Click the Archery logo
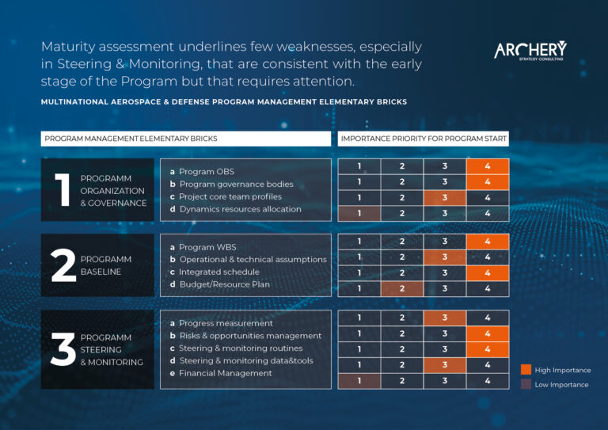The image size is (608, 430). point(530,51)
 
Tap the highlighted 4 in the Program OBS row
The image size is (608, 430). point(488,166)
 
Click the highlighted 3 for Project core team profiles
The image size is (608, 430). point(445,198)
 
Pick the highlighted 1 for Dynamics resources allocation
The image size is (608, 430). point(359,213)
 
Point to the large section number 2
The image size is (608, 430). point(63,265)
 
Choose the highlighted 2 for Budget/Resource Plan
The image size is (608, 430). point(402,288)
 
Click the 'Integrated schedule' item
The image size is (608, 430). point(215,272)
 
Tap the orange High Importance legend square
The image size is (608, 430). point(526,370)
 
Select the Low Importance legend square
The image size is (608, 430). point(526,384)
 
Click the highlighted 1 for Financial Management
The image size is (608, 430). point(359,381)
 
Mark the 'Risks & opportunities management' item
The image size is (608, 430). point(245,336)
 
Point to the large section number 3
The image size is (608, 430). point(63,349)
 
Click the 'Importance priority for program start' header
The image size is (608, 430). point(424,139)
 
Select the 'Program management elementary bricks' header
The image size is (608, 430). point(186,139)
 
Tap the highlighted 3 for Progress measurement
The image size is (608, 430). point(445,318)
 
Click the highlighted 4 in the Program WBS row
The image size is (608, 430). point(488,242)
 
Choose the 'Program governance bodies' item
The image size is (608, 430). point(231,185)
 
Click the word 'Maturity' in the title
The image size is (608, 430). point(68,47)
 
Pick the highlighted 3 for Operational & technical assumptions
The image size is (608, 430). point(445,257)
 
